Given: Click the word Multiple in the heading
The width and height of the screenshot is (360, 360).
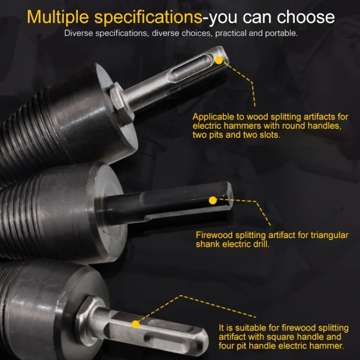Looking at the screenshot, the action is (x=58, y=17).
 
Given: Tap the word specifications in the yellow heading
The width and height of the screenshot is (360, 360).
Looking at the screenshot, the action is (x=148, y=17).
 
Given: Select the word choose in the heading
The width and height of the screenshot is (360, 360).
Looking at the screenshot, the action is (x=306, y=17).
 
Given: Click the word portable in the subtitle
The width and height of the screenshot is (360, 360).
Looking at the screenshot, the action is (x=281, y=33).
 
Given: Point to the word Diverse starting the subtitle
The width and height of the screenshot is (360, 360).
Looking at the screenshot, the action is (x=79, y=33).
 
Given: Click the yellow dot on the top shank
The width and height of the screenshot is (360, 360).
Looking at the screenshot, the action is (x=219, y=60).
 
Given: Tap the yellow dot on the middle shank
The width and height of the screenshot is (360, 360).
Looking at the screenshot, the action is (x=213, y=200).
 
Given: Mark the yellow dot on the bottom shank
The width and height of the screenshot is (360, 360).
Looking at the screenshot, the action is (x=135, y=324).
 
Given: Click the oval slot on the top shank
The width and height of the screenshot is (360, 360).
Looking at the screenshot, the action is (x=191, y=67).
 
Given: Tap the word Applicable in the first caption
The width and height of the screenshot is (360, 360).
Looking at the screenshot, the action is (x=214, y=117).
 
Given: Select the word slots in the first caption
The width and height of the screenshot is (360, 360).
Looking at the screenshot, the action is (x=270, y=135).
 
